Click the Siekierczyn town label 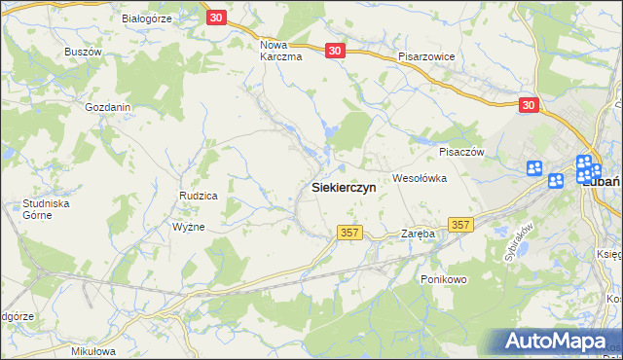click(x=344, y=187)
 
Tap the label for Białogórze click(x=147, y=18)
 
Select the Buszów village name click(x=83, y=51)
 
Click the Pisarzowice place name click(x=426, y=56)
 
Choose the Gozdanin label click(x=108, y=107)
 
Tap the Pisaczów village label click(x=461, y=152)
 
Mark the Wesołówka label click(x=419, y=178)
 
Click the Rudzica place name click(x=198, y=196)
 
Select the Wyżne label click(x=188, y=227)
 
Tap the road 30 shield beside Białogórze click(x=217, y=18)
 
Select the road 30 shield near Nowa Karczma click(x=335, y=51)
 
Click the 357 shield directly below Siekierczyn click(x=350, y=233)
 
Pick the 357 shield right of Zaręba click(x=460, y=225)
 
